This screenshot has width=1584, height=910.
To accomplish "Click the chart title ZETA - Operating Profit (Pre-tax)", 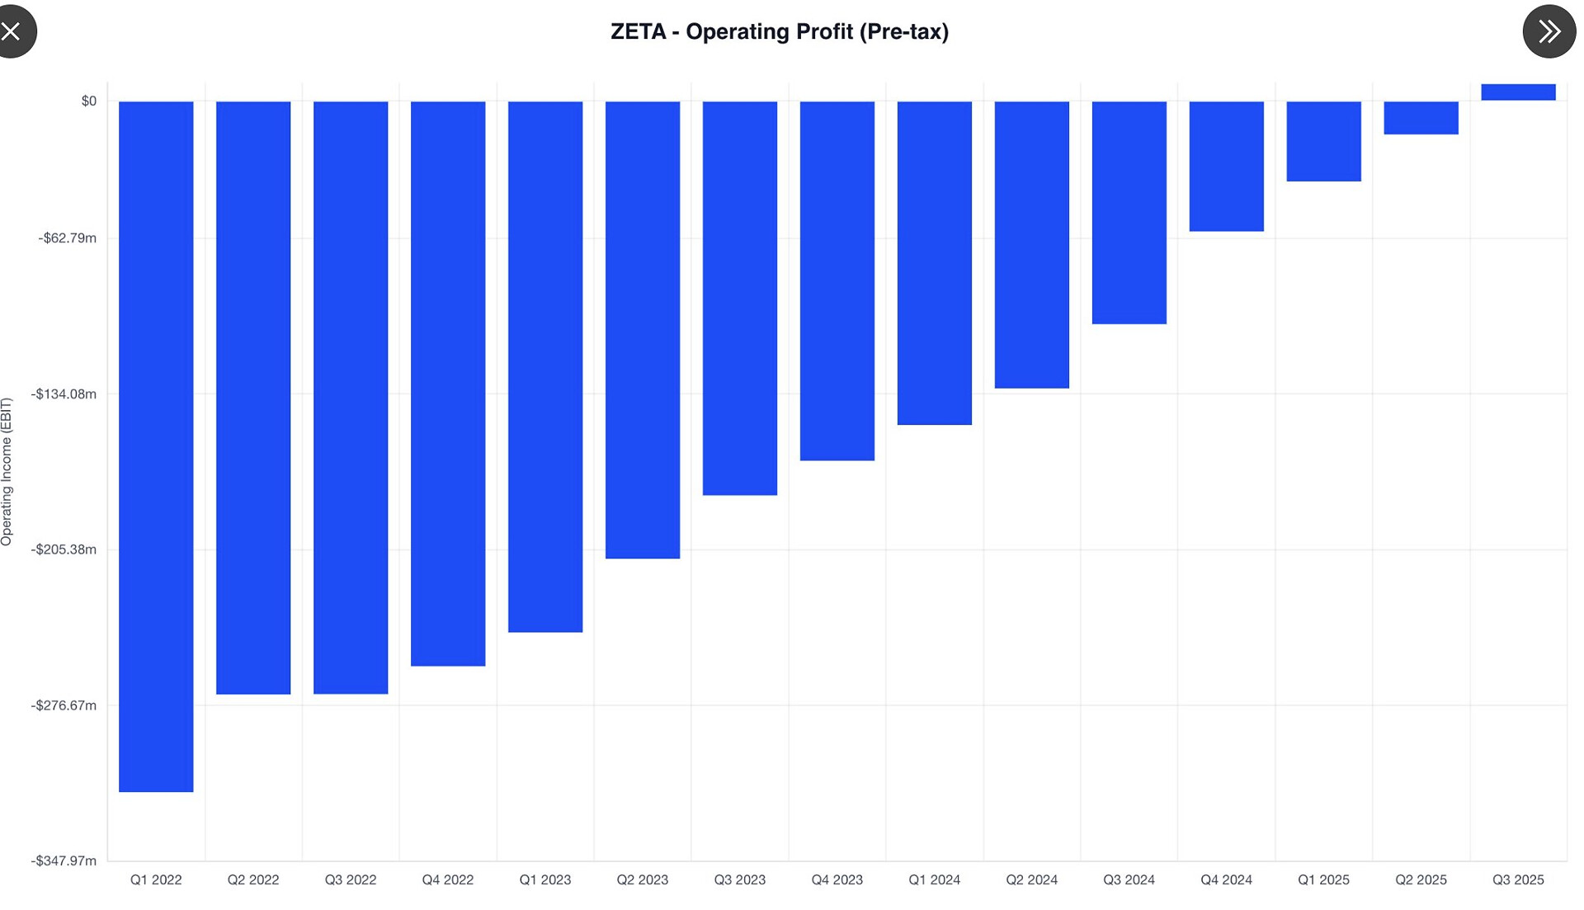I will (779, 31).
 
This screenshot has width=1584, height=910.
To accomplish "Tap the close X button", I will (12, 31).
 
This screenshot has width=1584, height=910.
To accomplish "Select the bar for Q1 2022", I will (156, 446).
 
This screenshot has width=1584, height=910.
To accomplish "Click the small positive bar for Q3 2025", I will (1518, 92).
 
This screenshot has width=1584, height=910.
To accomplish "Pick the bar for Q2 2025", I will (1421, 118).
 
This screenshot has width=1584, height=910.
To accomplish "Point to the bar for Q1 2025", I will (1323, 141).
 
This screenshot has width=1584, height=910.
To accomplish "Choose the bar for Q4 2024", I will (1226, 166).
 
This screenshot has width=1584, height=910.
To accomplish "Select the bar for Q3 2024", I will (1129, 212).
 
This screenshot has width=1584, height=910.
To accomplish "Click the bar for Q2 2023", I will (643, 330).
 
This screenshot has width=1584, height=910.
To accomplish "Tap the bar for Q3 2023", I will (740, 298).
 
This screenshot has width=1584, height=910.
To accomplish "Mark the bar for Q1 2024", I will (935, 262).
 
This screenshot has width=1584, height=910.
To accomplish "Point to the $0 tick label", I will (88, 101).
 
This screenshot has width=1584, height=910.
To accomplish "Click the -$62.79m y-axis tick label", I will (68, 238).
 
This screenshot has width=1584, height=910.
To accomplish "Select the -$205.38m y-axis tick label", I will (64, 549).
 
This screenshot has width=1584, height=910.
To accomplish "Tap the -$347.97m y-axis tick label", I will (64, 860).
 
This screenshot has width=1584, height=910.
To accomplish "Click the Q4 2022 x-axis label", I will (448, 879).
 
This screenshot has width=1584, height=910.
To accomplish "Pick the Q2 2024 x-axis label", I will (1031, 879).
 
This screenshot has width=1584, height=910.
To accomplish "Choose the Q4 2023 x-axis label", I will (837, 879).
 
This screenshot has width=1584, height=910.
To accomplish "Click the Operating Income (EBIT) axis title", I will (7, 471).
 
